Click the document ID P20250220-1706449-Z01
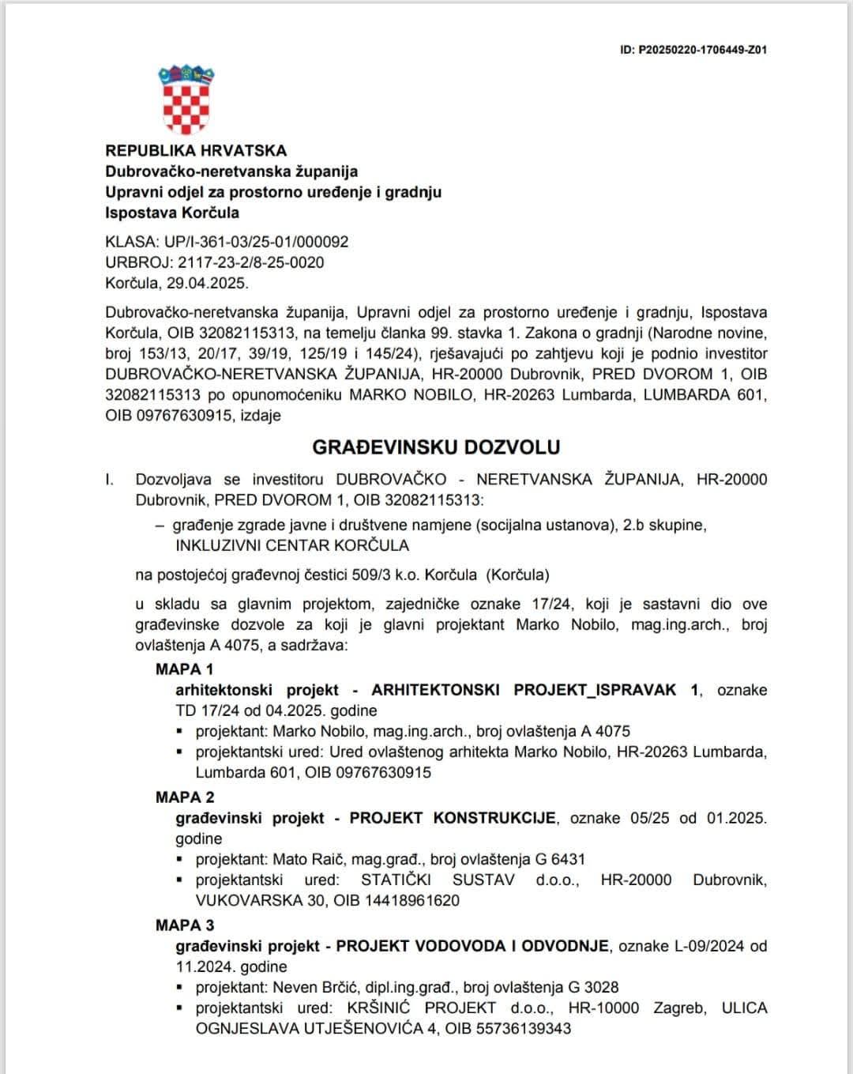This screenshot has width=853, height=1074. [693, 50]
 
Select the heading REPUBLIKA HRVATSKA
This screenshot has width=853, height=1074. [196, 150]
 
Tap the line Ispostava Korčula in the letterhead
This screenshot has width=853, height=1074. [172, 212]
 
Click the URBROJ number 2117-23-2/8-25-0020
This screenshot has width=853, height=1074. [251, 262]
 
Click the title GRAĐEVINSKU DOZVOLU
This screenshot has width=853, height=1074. [436, 447]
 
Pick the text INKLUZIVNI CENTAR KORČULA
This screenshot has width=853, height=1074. [292, 545]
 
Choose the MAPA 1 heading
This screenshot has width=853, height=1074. [185, 669]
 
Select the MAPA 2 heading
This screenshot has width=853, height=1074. [185, 797]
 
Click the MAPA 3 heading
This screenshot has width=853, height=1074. [185, 925]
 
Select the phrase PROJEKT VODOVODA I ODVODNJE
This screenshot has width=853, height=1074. [472, 945]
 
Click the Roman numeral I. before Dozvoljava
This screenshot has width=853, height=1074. [110, 479]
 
